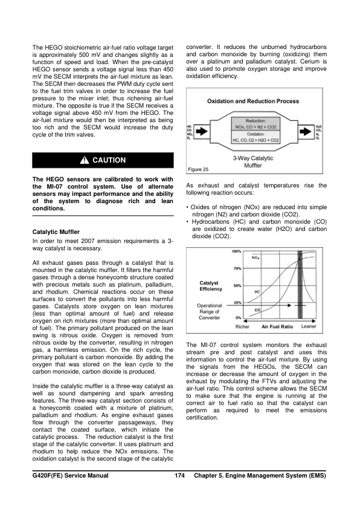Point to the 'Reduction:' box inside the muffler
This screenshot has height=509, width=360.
[x=256, y=124]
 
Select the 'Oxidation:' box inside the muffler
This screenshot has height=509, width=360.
[x=256, y=137]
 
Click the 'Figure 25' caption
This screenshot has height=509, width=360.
[x=199, y=170]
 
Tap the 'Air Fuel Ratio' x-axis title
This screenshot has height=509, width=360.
[x=277, y=326]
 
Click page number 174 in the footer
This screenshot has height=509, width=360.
[x=179, y=476]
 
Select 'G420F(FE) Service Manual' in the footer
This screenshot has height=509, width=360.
[x=71, y=476]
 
